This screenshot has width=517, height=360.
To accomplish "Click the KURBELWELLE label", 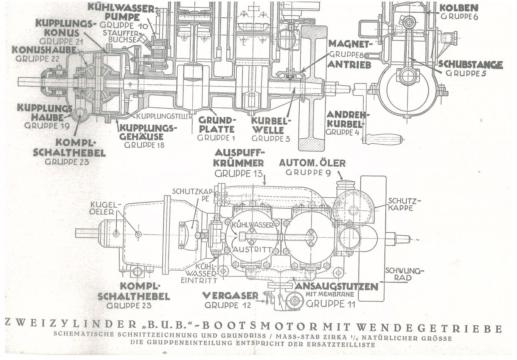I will (267, 125).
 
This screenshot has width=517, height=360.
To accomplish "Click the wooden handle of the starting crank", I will (382, 139).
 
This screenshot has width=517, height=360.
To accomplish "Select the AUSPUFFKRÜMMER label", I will (240, 158).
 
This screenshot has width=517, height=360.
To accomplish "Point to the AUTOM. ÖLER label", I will (312, 163).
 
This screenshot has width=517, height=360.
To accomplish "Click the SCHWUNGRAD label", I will (398, 274).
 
